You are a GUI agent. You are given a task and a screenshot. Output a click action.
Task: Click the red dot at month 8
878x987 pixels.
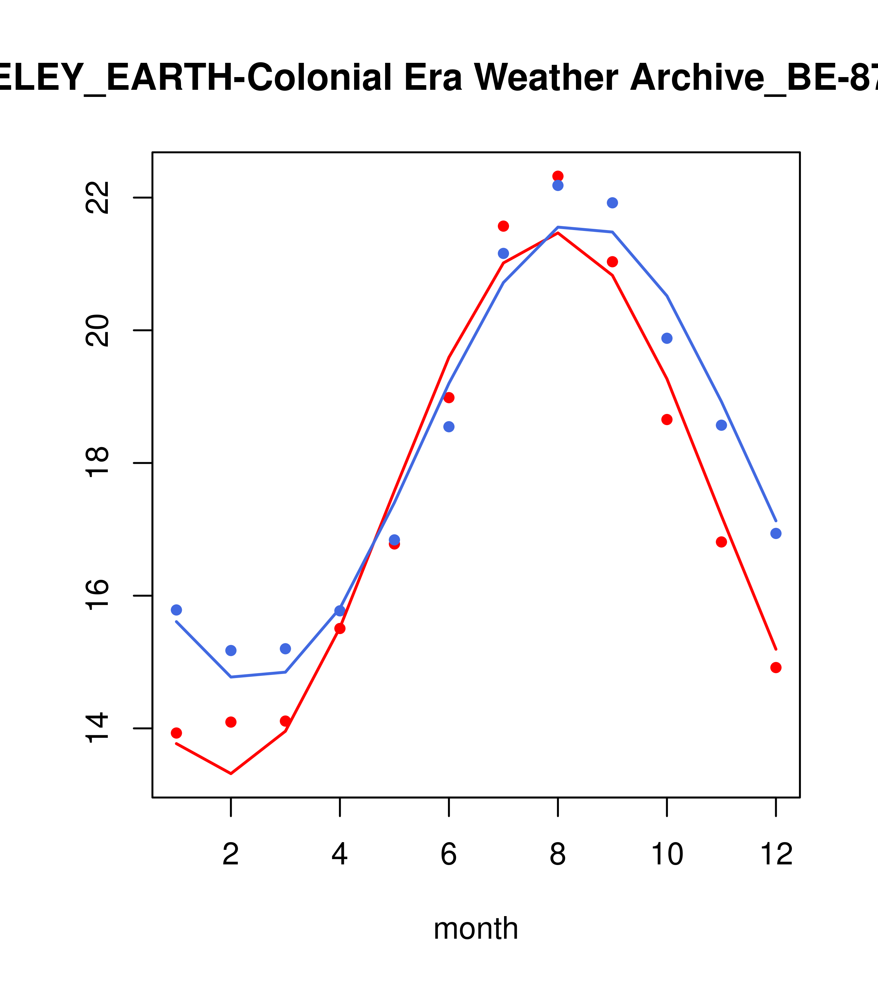coord(558,176)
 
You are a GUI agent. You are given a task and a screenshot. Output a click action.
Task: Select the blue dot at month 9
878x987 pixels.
coord(612,203)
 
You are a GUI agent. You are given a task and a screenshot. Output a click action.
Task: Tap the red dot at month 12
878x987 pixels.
coord(775,667)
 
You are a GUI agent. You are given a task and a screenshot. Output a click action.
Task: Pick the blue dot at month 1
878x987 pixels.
coord(176,610)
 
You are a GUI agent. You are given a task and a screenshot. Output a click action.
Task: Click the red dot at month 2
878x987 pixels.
coord(231,722)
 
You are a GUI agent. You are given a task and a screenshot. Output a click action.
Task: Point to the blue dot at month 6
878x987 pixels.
coord(449,427)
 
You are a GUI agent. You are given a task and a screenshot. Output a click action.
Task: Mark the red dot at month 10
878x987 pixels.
coord(667,420)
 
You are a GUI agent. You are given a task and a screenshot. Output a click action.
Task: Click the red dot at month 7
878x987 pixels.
coord(503,226)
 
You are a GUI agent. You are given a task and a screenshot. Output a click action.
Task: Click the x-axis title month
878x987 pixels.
coord(476,928)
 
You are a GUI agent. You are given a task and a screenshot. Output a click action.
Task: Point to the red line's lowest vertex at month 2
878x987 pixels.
coord(231,774)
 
